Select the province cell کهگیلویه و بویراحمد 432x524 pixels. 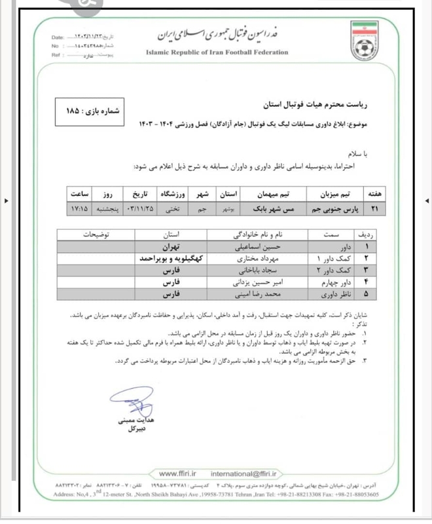point(174,259)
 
